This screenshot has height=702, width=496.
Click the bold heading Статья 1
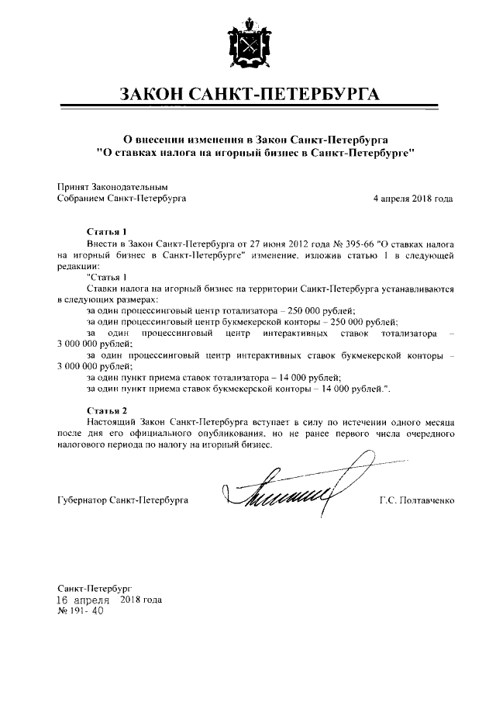105,232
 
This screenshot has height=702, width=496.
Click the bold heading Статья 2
105,409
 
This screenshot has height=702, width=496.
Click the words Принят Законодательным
112,187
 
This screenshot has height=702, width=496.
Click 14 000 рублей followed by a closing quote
350,386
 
